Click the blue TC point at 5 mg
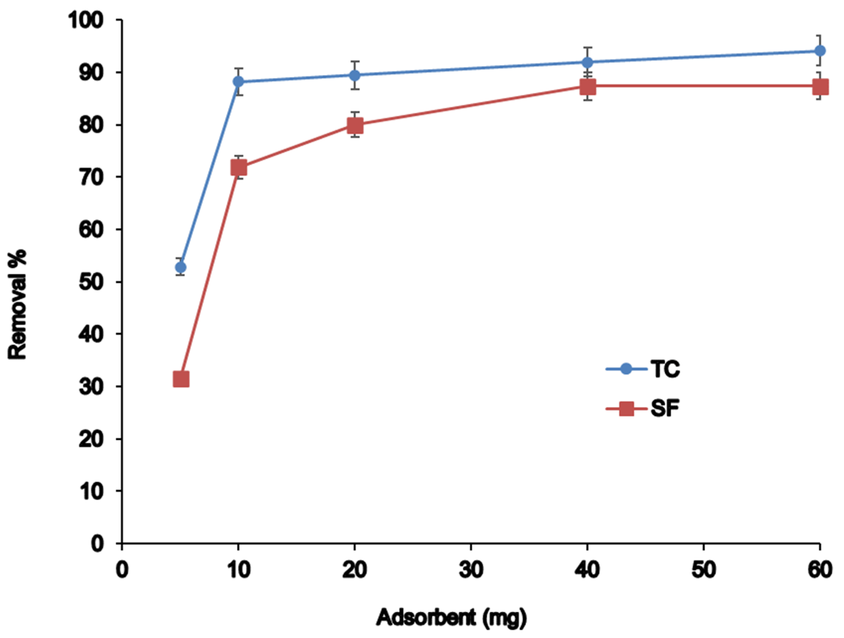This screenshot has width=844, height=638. point(181,267)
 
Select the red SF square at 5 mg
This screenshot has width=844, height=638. point(181,380)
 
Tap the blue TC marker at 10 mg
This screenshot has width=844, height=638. point(239,81)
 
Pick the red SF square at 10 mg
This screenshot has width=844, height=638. point(239,167)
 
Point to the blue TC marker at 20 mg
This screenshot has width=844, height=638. point(355,75)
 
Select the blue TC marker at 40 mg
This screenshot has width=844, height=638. point(588,62)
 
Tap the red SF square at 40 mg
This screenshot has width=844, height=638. point(588,87)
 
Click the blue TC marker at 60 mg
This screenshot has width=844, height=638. point(820,51)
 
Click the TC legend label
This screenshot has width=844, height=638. point(665,369)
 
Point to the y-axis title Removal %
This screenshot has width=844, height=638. point(18,304)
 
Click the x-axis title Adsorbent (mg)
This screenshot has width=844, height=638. point(451,617)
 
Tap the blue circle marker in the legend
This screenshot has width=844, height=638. point(626,369)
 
